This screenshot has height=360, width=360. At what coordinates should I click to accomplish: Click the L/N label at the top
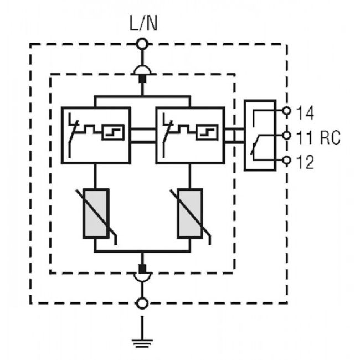pos(143,25)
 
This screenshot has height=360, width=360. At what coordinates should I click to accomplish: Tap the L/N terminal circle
pos(143,43)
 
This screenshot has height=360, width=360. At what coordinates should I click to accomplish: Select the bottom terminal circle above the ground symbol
pos(143,303)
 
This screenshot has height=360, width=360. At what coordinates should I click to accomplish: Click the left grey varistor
pos(96,213)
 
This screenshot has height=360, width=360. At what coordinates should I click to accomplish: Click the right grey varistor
pos(190,213)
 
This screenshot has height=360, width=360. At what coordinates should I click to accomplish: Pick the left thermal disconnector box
pos(96,135)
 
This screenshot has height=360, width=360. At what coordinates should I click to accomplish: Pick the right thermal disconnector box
pos(190,135)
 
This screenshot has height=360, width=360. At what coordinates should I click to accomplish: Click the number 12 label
pos(305,162)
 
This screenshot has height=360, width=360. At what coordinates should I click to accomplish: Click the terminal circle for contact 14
pos(286,111)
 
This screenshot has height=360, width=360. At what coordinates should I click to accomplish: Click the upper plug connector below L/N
pos(143,71)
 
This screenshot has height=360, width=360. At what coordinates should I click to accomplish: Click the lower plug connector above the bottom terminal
pos(143,275)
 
